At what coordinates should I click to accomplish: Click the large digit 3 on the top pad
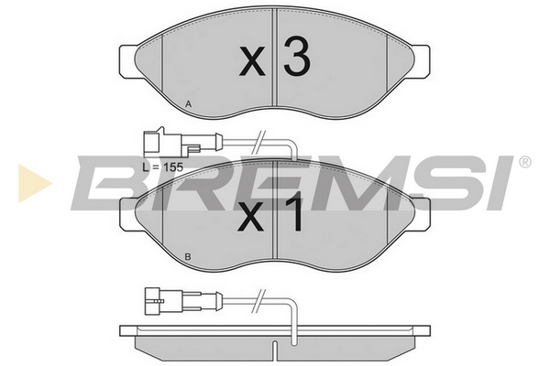point(297,57)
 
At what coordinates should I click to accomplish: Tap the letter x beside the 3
point(252,62)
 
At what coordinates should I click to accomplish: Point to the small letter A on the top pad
point(188,104)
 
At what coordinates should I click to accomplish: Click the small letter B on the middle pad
point(188,257)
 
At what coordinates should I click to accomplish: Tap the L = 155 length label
point(163,167)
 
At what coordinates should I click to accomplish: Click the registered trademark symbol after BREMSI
point(524,162)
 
